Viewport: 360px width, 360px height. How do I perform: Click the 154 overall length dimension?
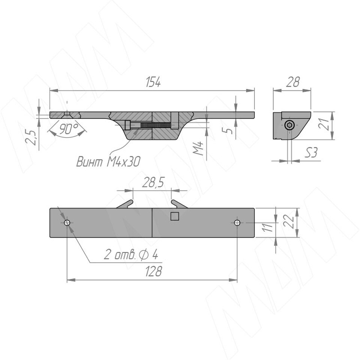click(x=153, y=82)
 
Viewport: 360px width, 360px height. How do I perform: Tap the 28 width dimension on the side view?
click(x=293, y=82)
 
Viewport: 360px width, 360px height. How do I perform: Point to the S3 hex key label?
click(x=311, y=153)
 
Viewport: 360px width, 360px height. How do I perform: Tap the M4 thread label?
click(x=198, y=148)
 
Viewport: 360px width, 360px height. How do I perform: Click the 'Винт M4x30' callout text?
click(x=108, y=162)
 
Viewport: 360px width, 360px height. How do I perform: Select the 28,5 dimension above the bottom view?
click(x=153, y=183)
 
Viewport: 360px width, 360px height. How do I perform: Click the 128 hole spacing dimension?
click(x=153, y=271)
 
